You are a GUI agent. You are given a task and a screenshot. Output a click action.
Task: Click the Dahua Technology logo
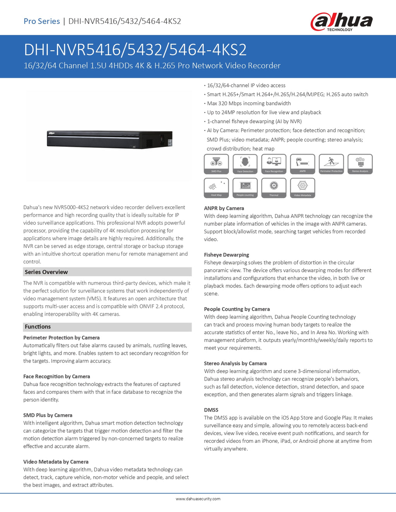(341, 22)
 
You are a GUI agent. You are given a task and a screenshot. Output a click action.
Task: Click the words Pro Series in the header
(42, 21)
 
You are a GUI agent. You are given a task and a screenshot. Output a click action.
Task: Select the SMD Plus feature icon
(216, 164)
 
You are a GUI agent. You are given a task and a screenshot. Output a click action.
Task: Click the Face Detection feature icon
(245, 164)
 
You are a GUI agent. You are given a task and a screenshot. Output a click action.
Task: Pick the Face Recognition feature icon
(274, 164)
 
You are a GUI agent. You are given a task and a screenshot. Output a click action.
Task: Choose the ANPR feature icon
(302, 164)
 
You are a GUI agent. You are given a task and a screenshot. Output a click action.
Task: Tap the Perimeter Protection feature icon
(331, 164)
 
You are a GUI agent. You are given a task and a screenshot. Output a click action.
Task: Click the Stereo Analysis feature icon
(360, 164)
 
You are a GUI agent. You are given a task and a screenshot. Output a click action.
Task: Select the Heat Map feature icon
(216, 188)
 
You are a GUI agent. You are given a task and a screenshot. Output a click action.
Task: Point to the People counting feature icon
(245, 188)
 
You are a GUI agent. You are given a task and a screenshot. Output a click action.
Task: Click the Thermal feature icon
(274, 188)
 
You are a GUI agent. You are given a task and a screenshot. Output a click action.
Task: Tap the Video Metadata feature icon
(302, 188)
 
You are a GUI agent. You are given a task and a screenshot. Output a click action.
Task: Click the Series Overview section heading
(46, 272)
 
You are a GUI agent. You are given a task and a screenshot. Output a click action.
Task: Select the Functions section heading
(38, 327)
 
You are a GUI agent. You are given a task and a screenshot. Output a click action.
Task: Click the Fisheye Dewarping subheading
(227, 255)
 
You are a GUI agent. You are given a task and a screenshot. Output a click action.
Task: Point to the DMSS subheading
(211, 410)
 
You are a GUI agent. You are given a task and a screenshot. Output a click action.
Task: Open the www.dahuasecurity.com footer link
(198, 499)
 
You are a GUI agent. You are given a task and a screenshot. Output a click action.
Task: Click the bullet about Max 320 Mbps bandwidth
(249, 103)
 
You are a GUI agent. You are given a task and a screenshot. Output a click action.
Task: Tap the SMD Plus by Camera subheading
(48, 415)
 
